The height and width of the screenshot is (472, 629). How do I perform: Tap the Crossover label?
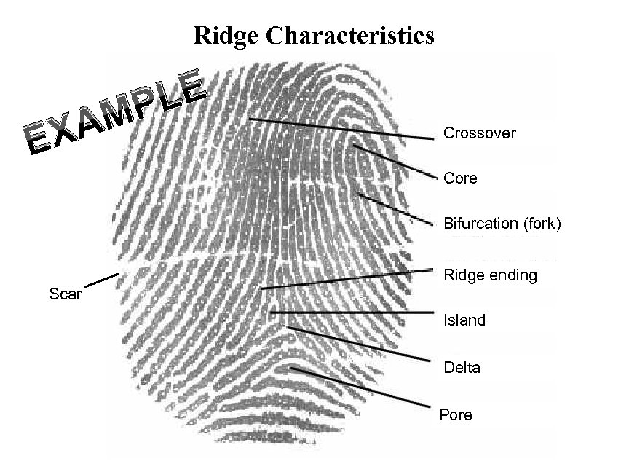point(480,133)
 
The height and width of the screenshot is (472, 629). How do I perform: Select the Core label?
point(460,178)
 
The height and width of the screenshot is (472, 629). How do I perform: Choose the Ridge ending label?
point(490,275)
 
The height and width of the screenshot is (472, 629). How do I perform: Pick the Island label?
point(464,320)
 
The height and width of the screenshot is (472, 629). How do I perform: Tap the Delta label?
point(462,367)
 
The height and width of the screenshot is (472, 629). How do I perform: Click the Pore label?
point(456,415)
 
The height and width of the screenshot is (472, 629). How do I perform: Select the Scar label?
point(65,294)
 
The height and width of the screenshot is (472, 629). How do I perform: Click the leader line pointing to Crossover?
point(342,128)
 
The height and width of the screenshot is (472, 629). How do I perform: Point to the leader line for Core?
point(397,162)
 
